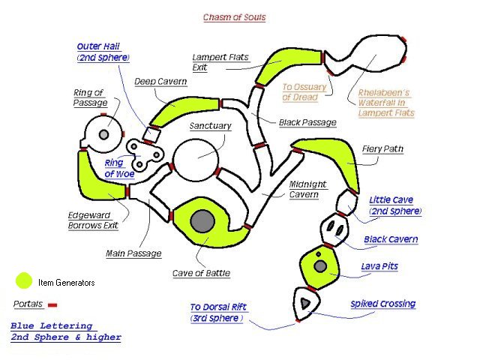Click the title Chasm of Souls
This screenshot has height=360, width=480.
235,17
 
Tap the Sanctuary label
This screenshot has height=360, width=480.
210,126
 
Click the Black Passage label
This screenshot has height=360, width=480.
307,122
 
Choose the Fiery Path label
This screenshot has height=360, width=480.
382,149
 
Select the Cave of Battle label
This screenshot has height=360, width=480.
201,272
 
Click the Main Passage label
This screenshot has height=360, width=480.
133,253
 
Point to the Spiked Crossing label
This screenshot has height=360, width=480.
382,304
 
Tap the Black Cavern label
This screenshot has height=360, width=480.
391,239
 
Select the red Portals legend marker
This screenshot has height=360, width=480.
52,304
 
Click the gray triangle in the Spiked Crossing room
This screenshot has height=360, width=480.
305,301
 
